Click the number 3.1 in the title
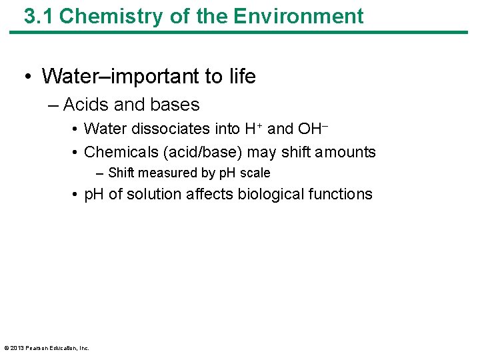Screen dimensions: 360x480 [x=39, y=16]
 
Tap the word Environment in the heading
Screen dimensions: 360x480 [x=304, y=16]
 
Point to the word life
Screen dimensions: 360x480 [x=242, y=77]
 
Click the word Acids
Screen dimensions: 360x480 [x=85, y=105]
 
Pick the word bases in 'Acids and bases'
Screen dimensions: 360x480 [x=176, y=105]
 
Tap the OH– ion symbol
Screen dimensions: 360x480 [x=312, y=128]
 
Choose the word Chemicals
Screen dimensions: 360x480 [x=121, y=152]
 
